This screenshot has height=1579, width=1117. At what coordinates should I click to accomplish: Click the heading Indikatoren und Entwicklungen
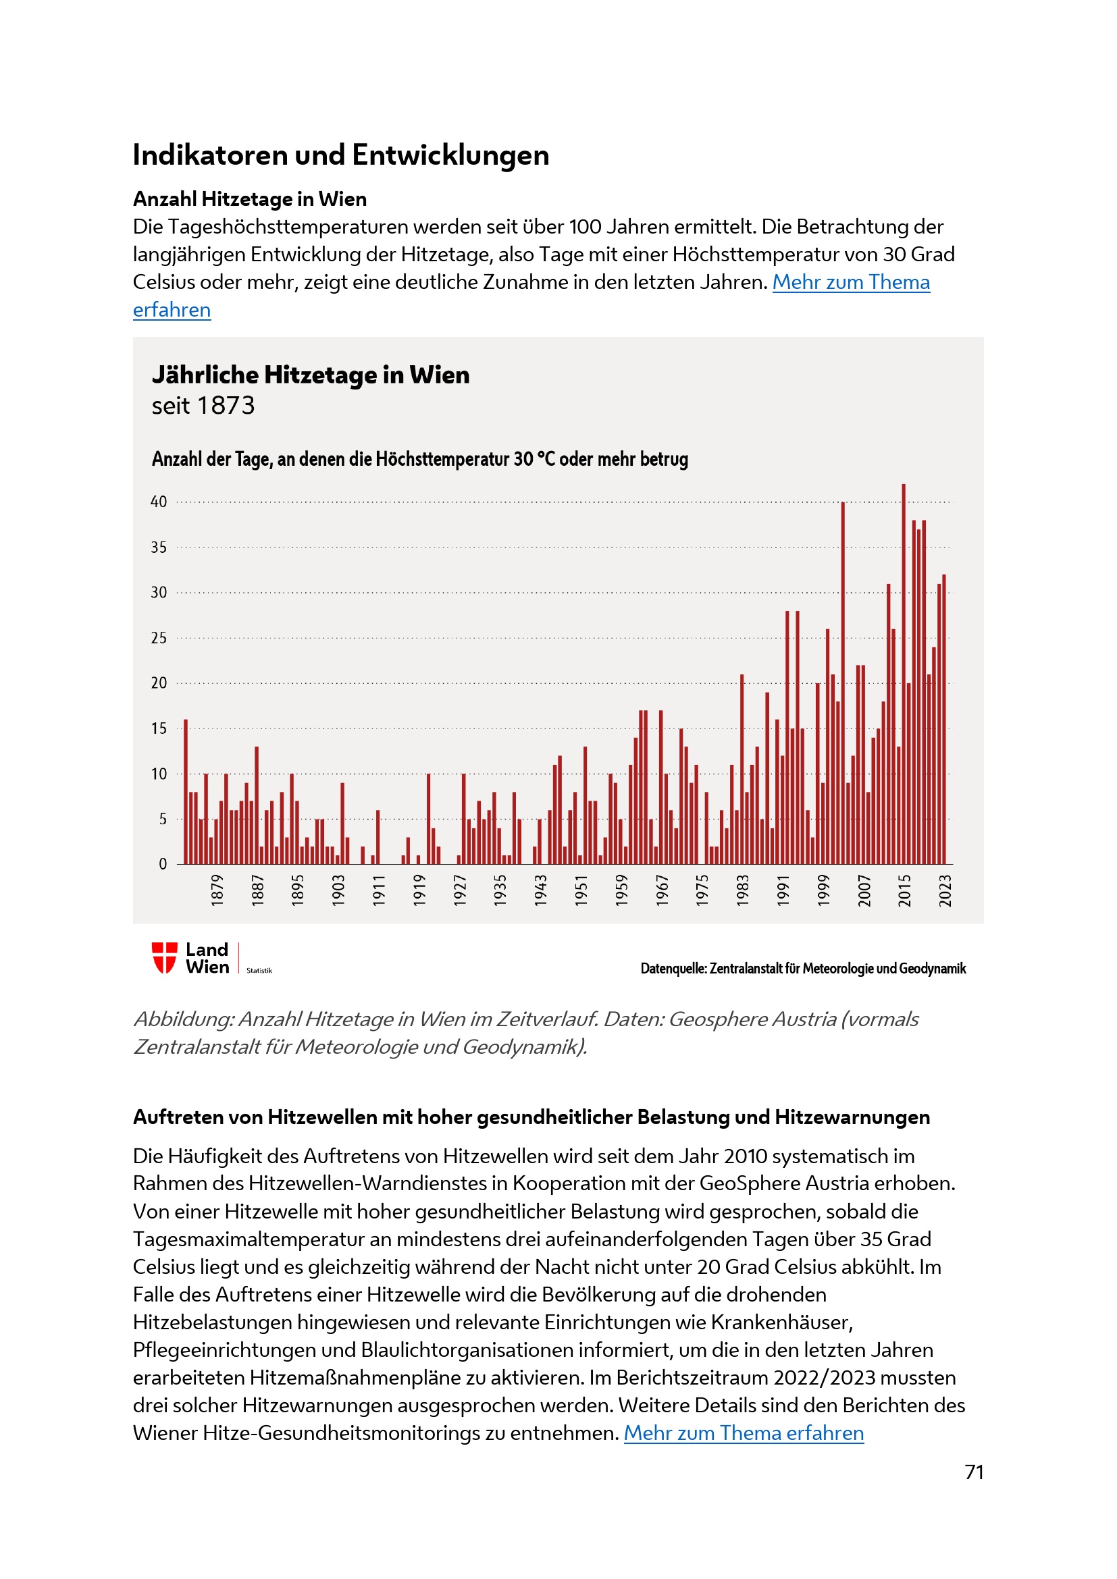(340, 155)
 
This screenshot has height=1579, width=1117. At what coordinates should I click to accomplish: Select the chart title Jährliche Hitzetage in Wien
(310, 375)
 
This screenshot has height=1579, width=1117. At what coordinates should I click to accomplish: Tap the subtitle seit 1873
(203, 406)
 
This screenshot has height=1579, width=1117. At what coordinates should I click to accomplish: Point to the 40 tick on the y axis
(159, 502)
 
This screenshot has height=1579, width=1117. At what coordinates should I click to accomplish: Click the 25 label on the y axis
(159, 638)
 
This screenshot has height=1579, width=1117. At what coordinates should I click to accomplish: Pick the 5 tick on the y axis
(162, 819)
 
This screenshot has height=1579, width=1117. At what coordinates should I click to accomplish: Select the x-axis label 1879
(217, 890)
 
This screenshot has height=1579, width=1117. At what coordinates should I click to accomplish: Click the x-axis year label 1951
(581, 890)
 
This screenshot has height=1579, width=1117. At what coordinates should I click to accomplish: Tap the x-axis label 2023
(945, 890)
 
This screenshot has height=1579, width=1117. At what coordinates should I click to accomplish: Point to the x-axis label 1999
(823, 890)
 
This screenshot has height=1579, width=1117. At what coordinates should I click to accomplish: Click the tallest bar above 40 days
(904, 674)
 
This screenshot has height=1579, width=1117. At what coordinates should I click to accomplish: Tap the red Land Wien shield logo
(164, 957)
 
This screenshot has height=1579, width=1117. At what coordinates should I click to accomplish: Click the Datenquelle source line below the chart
(803, 968)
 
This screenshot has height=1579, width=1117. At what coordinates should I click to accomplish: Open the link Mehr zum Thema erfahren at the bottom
(743, 1433)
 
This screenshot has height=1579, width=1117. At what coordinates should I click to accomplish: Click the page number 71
(974, 1472)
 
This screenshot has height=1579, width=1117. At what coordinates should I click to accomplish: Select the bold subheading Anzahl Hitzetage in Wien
(250, 199)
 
